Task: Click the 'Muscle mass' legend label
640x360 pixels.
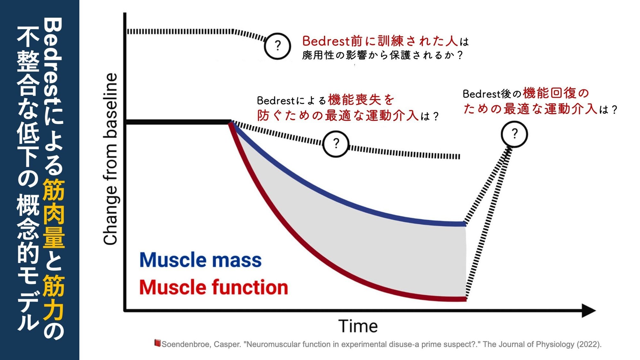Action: click(201, 260)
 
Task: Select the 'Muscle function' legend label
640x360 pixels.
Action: click(213, 287)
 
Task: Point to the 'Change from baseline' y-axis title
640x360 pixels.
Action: click(110, 159)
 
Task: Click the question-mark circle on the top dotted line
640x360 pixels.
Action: click(277, 46)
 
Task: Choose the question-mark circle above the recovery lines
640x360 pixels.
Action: click(514, 134)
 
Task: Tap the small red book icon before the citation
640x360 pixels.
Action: click(157, 343)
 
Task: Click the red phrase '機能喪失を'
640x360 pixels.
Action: click(361, 100)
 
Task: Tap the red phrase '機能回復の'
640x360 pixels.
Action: click(556, 93)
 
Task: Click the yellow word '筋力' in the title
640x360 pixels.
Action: click(54, 298)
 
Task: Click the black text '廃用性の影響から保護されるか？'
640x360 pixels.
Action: click(383, 55)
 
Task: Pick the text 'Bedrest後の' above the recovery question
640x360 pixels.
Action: click(492, 94)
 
